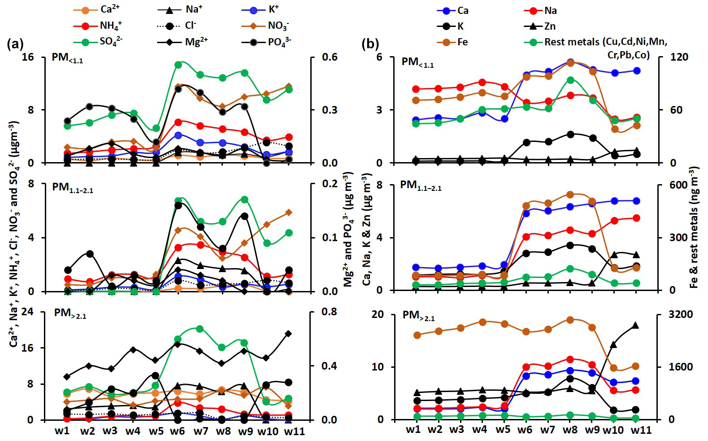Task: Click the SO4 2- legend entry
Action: point(110,42)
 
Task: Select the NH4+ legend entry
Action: point(110,26)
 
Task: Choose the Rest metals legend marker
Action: point(533,42)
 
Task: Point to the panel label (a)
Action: point(15,44)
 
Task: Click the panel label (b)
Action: point(370,44)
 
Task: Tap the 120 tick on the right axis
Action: point(679,57)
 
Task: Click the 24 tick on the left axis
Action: point(28,311)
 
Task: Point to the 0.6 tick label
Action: point(329,57)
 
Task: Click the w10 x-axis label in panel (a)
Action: point(268,432)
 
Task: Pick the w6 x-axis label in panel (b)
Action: point(524,430)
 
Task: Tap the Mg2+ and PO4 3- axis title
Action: point(348,229)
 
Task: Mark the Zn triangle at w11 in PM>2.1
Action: point(635,326)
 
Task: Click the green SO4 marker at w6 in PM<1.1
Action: point(178,65)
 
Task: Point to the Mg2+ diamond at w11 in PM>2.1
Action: point(289,334)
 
